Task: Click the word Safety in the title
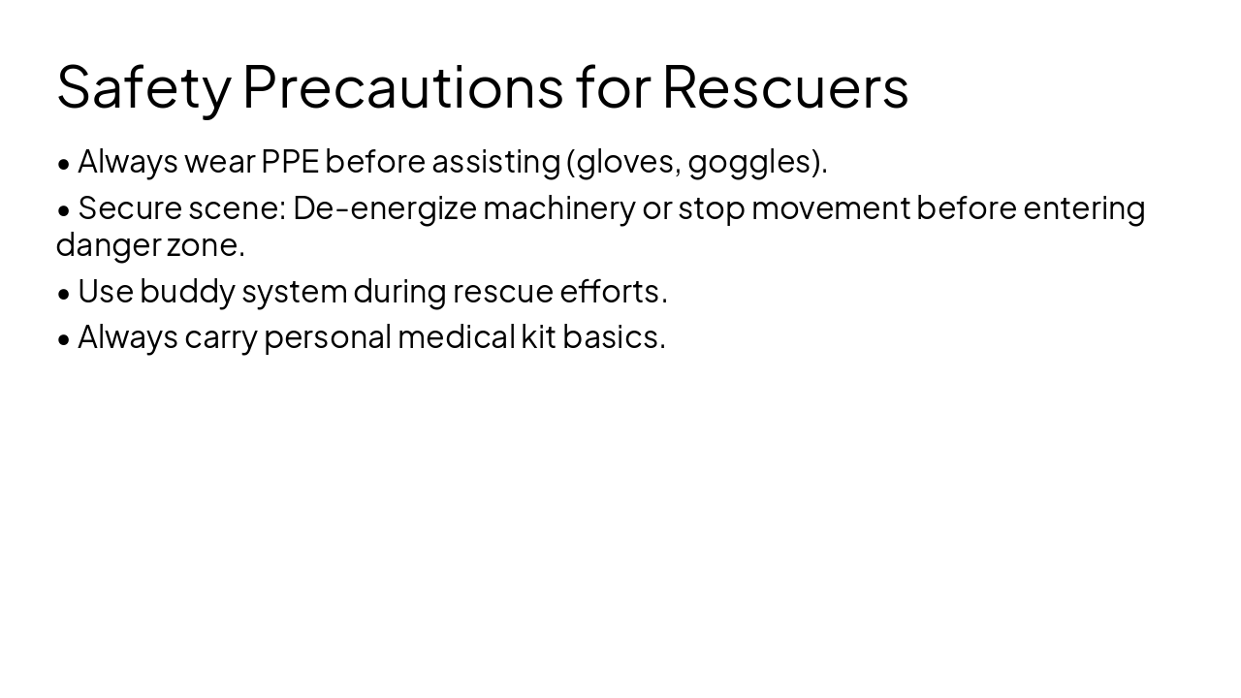click(143, 87)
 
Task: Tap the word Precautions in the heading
click(402, 87)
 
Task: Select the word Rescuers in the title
click(785, 87)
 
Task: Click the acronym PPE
click(290, 161)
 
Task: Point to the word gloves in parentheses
click(628, 162)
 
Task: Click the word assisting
click(495, 161)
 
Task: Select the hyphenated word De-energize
click(385, 208)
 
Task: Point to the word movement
click(831, 208)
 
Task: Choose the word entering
click(1084, 208)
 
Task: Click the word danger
click(108, 245)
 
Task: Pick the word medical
click(456, 336)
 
